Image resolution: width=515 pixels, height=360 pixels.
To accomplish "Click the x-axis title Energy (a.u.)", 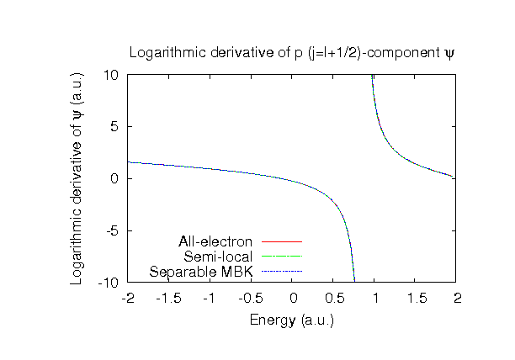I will [x=292, y=320].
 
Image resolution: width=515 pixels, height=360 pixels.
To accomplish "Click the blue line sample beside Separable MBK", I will [x=281, y=271].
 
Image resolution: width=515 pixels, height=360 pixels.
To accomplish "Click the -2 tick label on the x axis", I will [x=127, y=298].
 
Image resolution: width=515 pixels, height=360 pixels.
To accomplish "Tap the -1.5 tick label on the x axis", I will [x=168, y=298].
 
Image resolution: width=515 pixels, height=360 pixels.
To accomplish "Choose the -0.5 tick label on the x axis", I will [x=250, y=298].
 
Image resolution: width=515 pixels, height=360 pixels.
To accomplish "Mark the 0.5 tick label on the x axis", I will [x=334, y=298].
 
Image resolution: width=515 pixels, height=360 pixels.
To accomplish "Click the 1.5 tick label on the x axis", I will [x=416, y=298].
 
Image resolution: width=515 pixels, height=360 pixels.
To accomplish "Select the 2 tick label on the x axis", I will [x=457, y=298].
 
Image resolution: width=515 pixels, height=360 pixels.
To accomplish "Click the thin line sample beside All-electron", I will [x=281, y=242].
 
